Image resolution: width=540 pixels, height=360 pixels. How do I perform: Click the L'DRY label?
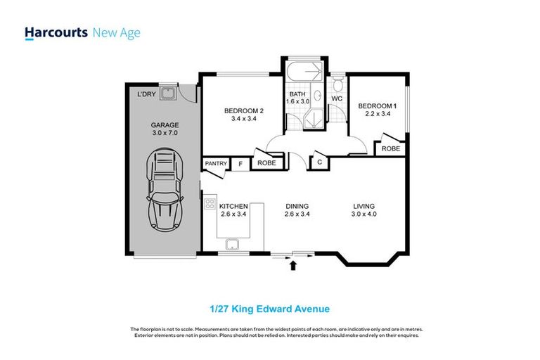coord(146,94)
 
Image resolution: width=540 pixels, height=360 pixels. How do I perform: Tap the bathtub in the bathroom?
coord(304,72)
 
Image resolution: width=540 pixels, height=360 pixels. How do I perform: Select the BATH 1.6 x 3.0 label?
coord(298,97)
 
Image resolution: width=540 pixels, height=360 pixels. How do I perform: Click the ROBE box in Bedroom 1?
coord(391,148)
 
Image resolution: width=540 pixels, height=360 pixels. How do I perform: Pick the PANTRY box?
coord(215,164)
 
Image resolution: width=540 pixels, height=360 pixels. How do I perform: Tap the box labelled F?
coord(240,164)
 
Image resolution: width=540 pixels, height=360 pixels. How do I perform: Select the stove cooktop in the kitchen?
coord(210,205)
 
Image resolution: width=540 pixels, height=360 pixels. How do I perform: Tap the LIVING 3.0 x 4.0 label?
coord(369,210)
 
